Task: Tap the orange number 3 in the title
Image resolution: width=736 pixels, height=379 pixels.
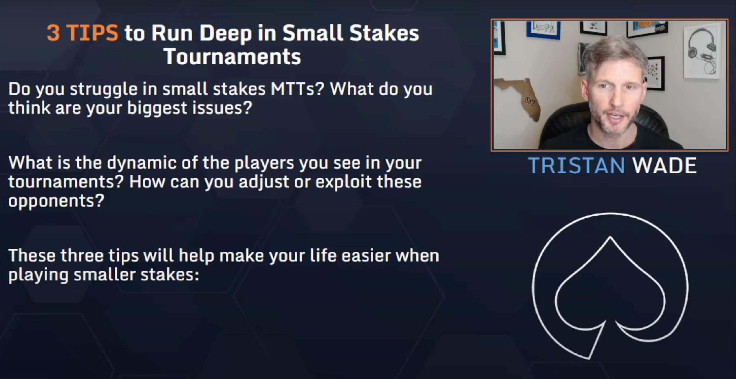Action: (x=53, y=33)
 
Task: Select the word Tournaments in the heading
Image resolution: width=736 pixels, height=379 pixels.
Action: (x=232, y=57)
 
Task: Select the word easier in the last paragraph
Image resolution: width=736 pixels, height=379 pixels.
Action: (x=366, y=255)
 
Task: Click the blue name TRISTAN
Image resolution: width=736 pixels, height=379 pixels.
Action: (x=576, y=165)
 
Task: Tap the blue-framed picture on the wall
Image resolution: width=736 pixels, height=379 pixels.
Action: (x=543, y=30)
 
